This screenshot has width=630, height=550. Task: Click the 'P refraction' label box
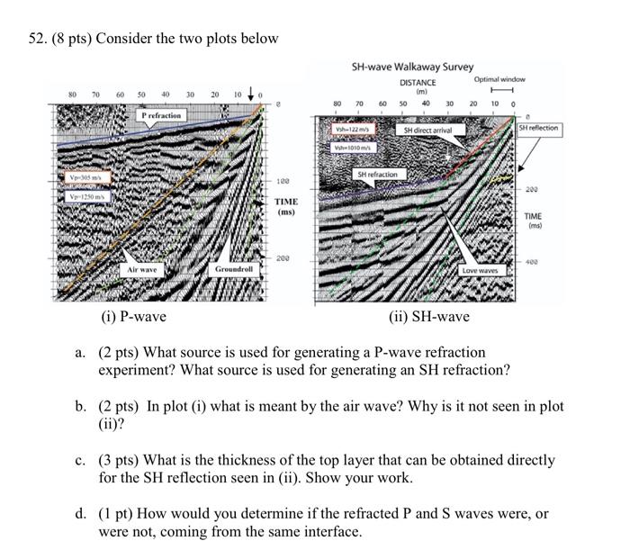pos(162,115)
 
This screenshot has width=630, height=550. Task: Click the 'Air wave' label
pos(142,269)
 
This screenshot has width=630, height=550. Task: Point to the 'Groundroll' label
pos(234,269)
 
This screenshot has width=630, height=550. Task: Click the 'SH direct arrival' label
pos(427,131)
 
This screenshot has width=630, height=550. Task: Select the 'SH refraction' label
pos(377,173)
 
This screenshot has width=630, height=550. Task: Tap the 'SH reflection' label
pos(538,128)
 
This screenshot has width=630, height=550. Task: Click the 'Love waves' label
pos(480,270)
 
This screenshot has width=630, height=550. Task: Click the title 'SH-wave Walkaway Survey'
pos(412,68)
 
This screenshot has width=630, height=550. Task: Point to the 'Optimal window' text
pos(499,79)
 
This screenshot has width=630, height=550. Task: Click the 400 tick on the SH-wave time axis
pos(533,261)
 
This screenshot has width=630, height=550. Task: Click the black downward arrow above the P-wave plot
pos(249,92)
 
